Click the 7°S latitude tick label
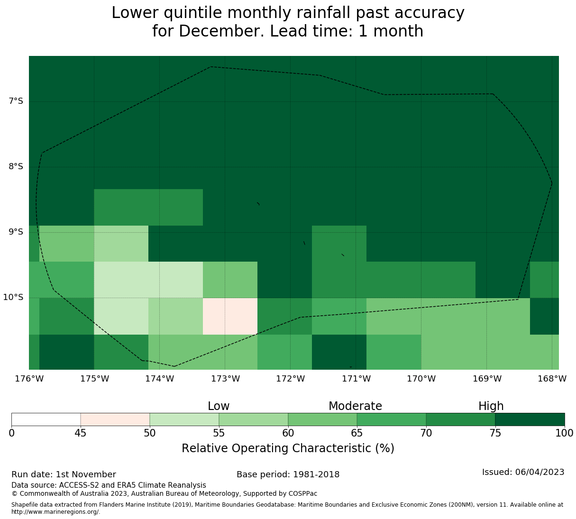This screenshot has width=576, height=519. pyautogui.click(x=16, y=101)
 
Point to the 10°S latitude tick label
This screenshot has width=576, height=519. pyautogui.click(x=13, y=297)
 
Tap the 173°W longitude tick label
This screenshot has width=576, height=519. pyautogui.click(x=225, y=379)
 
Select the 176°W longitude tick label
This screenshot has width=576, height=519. pyautogui.click(x=29, y=379)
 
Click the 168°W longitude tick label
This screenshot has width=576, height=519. pyautogui.click(x=552, y=379)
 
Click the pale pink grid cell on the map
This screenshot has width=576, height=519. pyautogui.click(x=230, y=316)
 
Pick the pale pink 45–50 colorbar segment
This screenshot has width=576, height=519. pyautogui.click(x=115, y=419)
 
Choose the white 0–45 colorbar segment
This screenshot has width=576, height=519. pyautogui.click(x=46, y=419)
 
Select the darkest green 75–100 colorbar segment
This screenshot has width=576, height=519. pyautogui.click(x=530, y=419)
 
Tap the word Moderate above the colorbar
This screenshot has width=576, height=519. pyautogui.click(x=355, y=406)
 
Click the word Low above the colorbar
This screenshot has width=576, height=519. pyautogui.click(x=219, y=406)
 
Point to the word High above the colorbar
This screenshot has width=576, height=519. pyautogui.click(x=491, y=406)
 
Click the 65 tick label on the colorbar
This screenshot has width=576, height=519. pyautogui.click(x=357, y=433)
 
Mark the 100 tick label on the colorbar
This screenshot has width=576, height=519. pyautogui.click(x=564, y=433)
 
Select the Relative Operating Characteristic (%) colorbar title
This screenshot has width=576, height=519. pyautogui.click(x=288, y=448)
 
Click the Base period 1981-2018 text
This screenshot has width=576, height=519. pyautogui.click(x=288, y=474)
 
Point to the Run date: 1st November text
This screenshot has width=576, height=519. pyautogui.click(x=64, y=474)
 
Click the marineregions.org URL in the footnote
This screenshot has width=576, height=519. pyautogui.click(x=55, y=512)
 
